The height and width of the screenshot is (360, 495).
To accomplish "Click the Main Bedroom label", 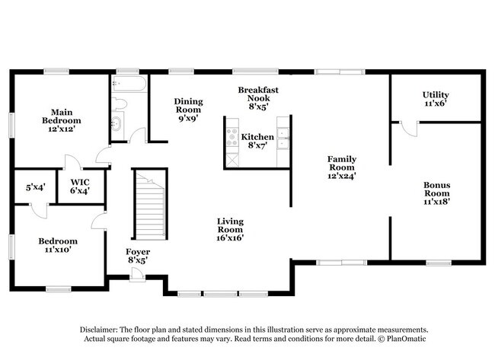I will [61, 119].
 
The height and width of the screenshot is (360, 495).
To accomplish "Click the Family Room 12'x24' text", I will [341, 167].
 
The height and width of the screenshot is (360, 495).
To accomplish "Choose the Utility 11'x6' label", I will [435, 99].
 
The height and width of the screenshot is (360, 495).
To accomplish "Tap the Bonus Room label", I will [437, 193].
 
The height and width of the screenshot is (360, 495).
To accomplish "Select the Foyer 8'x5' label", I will [138, 256].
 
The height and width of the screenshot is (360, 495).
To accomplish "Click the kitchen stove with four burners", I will [231, 137].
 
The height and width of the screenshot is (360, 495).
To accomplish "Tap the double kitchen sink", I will [283, 136].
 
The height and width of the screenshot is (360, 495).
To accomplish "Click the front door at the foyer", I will [136, 275].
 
